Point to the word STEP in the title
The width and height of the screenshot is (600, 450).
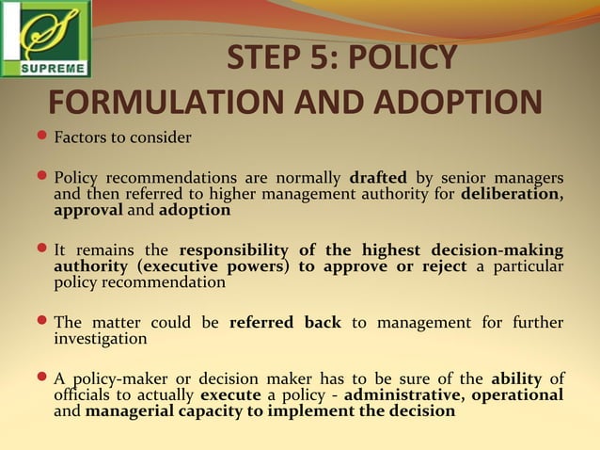[269, 58]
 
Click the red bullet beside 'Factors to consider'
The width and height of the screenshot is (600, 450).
[41, 138]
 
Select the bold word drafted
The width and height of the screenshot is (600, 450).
[378, 178]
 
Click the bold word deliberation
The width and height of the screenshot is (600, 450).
[511, 194]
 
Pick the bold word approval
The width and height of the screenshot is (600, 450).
[88, 210]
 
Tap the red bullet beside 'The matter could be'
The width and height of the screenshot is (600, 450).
[41, 322]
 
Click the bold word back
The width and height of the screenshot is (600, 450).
[323, 322]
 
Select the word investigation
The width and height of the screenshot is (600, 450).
[101, 338]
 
